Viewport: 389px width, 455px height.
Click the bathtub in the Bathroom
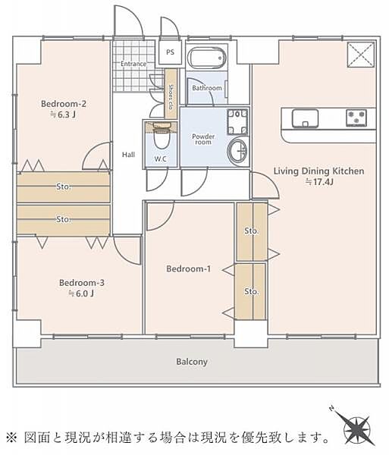click(207, 58)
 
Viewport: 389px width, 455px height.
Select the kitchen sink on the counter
click(305, 118)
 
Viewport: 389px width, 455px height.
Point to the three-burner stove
click(356, 118)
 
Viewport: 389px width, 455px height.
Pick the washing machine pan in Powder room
click(237, 122)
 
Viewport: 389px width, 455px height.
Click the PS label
click(171, 52)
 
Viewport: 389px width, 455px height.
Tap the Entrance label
click(133, 64)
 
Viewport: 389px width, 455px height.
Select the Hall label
click(128, 155)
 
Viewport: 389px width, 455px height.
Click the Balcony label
click(192, 362)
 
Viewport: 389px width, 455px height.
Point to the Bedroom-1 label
click(189, 268)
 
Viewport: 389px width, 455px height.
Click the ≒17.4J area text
click(319, 182)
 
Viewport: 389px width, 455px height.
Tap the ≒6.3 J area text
click(63, 115)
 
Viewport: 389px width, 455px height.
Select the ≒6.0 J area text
click(81, 293)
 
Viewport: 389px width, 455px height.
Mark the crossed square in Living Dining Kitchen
click(361, 55)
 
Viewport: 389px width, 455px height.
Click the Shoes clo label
click(171, 96)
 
